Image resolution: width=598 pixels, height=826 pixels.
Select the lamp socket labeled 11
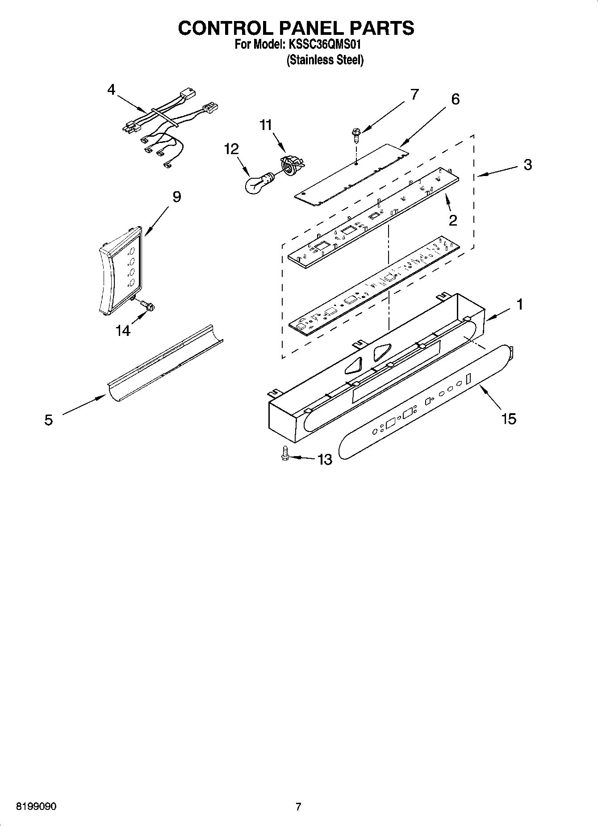coord(291,166)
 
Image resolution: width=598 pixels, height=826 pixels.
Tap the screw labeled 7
coord(356,134)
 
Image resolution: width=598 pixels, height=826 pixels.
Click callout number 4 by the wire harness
coord(111,90)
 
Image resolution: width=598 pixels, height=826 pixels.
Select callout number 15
coord(509,419)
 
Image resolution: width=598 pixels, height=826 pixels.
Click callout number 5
coord(49,420)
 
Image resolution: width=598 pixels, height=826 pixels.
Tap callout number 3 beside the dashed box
coord(528,165)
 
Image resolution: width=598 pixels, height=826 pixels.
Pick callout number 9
coord(177,197)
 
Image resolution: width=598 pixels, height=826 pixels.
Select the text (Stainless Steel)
coord(325,60)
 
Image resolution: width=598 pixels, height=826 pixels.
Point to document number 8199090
coord(36,807)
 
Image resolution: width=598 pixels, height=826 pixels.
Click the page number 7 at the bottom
coord(298,807)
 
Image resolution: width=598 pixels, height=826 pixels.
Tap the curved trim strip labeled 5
coord(165,362)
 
